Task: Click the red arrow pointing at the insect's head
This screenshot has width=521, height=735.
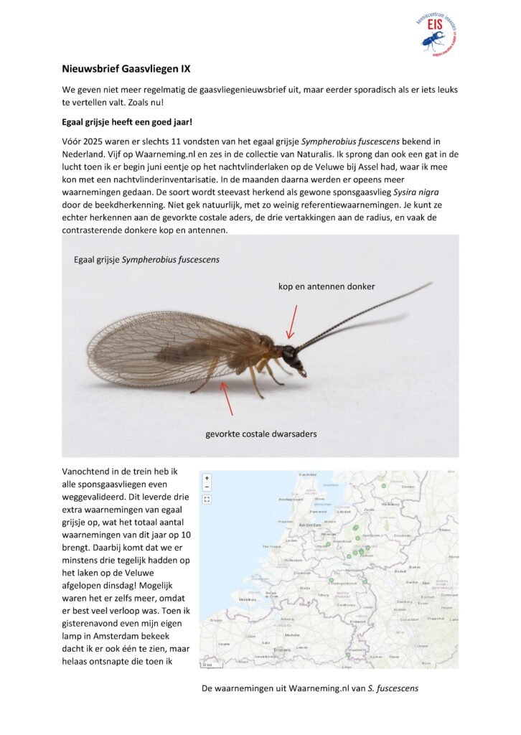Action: (x=292, y=321)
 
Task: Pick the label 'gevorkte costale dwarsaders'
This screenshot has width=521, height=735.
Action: (x=260, y=434)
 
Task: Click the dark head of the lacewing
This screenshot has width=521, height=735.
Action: (x=289, y=354)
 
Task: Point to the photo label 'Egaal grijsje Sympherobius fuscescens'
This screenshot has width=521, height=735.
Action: (x=146, y=260)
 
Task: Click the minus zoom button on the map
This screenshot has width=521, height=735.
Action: (x=207, y=487)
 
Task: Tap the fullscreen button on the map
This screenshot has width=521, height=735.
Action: (x=207, y=499)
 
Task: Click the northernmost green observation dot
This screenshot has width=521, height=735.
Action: (x=383, y=486)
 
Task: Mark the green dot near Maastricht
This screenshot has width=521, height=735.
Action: (x=348, y=655)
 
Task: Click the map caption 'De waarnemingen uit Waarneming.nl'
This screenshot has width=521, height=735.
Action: (x=310, y=688)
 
